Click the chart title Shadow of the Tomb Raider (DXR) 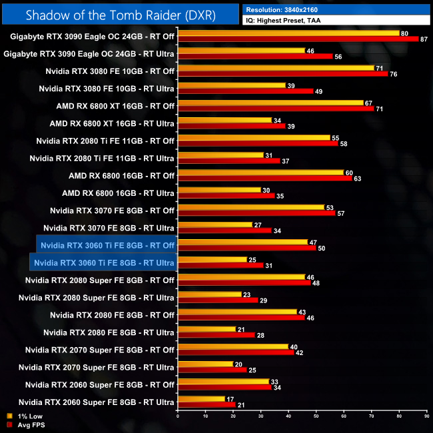tap(121, 15)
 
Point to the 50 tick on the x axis tap(316, 417)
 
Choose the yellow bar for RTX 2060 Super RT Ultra tap(201, 399)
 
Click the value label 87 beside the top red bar tap(424, 39)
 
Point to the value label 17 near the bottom tap(230, 399)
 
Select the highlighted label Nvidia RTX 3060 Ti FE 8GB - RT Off tap(107, 245)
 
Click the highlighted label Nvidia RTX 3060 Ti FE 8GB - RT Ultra tap(103, 262)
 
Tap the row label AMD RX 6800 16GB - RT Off tap(121, 176)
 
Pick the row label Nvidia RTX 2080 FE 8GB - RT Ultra tap(109, 332)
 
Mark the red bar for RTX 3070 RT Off tap(256, 213)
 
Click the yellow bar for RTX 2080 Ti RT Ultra tap(220, 155)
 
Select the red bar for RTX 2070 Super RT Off tap(235, 352)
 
